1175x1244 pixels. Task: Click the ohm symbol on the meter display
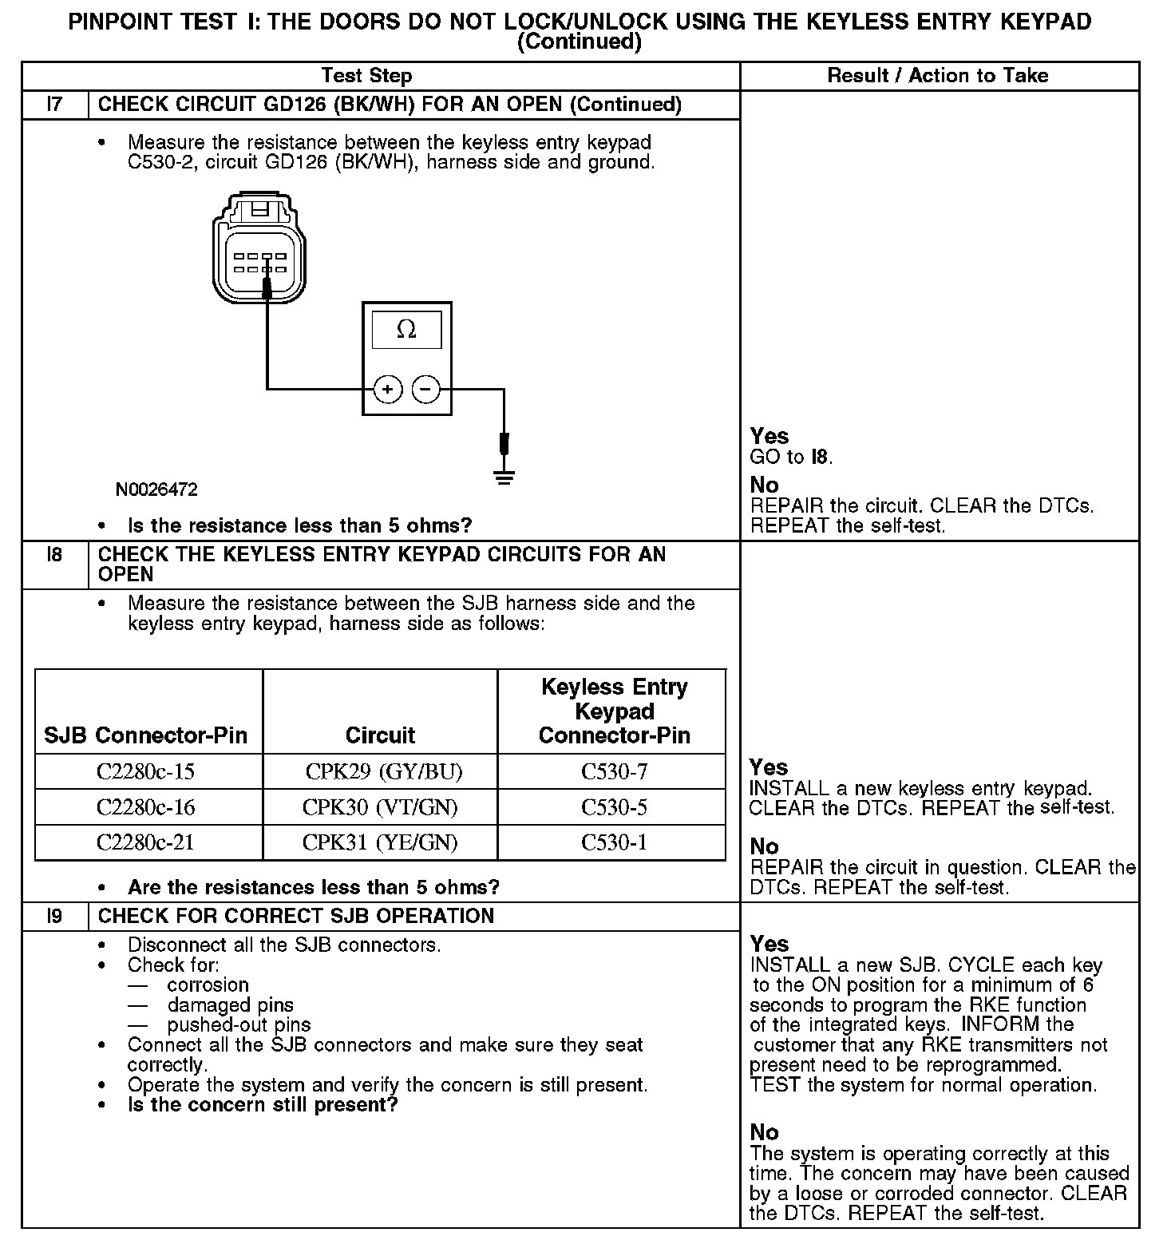pyautogui.click(x=406, y=330)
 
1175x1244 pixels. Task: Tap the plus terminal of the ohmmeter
pyautogui.click(x=388, y=390)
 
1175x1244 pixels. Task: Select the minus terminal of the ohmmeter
pyautogui.click(x=425, y=390)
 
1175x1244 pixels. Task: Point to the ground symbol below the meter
pyautogui.click(x=504, y=477)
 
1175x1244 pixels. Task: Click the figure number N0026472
pyautogui.click(x=156, y=489)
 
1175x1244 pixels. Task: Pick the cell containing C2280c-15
pyautogui.click(x=146, y=772)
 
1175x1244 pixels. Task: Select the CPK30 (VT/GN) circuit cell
pyautogui.click(x=380, y=807)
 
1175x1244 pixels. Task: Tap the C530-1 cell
pyautogui.click(x=614, y=842)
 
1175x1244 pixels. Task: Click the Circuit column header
pyautogui.click(x=380, y=735)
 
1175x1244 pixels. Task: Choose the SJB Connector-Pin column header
pyautogui.click(x=146, y=735)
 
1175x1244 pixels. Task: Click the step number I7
pyautogui.click(x=54, y=105)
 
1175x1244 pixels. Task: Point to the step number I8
pyautogui.click(x=54, y=555)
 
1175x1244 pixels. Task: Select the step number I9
pyautogui.click(x=54, y=916)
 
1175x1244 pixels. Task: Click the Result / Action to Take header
pyautogui.click(x=938, y=76)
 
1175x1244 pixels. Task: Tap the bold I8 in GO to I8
pyautogui.click(x=819, y=458)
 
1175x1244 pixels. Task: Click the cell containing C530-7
pyautogui.click(x=614, y=772)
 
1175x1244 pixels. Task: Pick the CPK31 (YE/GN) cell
pyautogui.click(x=380, y=842)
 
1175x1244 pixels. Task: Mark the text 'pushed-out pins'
pyautogui.click(x=239, y=1025)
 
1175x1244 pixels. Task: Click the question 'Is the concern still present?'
pyautogui.click(x=263, y=1105)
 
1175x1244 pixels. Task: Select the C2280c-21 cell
pyautogui.click(x=146, y=842)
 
